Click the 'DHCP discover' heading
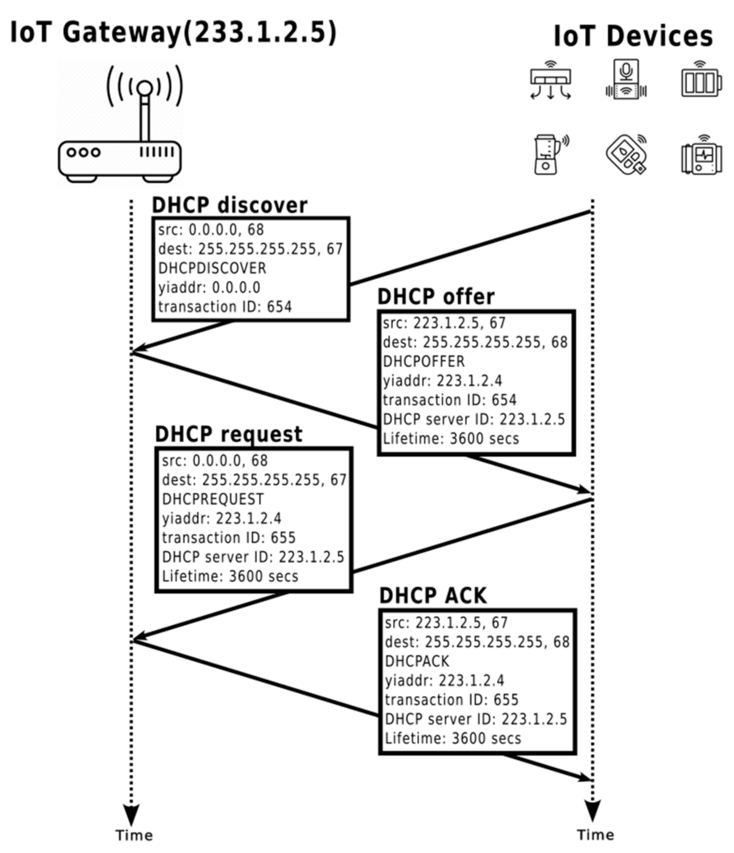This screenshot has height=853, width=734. point(229,205)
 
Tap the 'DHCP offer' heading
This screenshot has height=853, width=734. point(436,297)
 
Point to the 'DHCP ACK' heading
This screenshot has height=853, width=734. point(432,596)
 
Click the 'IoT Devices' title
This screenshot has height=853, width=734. point(633,36)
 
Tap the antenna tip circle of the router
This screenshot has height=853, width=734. point(144,88)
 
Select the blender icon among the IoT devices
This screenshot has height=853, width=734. point(548,155)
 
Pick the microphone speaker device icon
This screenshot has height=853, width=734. point(626,80)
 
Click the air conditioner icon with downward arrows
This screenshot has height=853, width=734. point(550,81)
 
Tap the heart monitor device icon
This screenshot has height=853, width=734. point(702,156)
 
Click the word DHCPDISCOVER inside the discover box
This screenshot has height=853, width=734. point(212,268)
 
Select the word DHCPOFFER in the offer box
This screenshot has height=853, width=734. point(423,362)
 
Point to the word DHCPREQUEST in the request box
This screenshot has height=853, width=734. point(213,499)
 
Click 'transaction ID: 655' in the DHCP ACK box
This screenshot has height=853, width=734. point(451,699)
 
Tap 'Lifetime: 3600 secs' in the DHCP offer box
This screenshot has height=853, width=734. point(451,438)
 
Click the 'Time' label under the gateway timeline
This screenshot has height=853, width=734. point(134,835)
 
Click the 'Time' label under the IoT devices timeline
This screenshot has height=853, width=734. point(595,835)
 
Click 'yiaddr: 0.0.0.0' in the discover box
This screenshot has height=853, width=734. point(209,287)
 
